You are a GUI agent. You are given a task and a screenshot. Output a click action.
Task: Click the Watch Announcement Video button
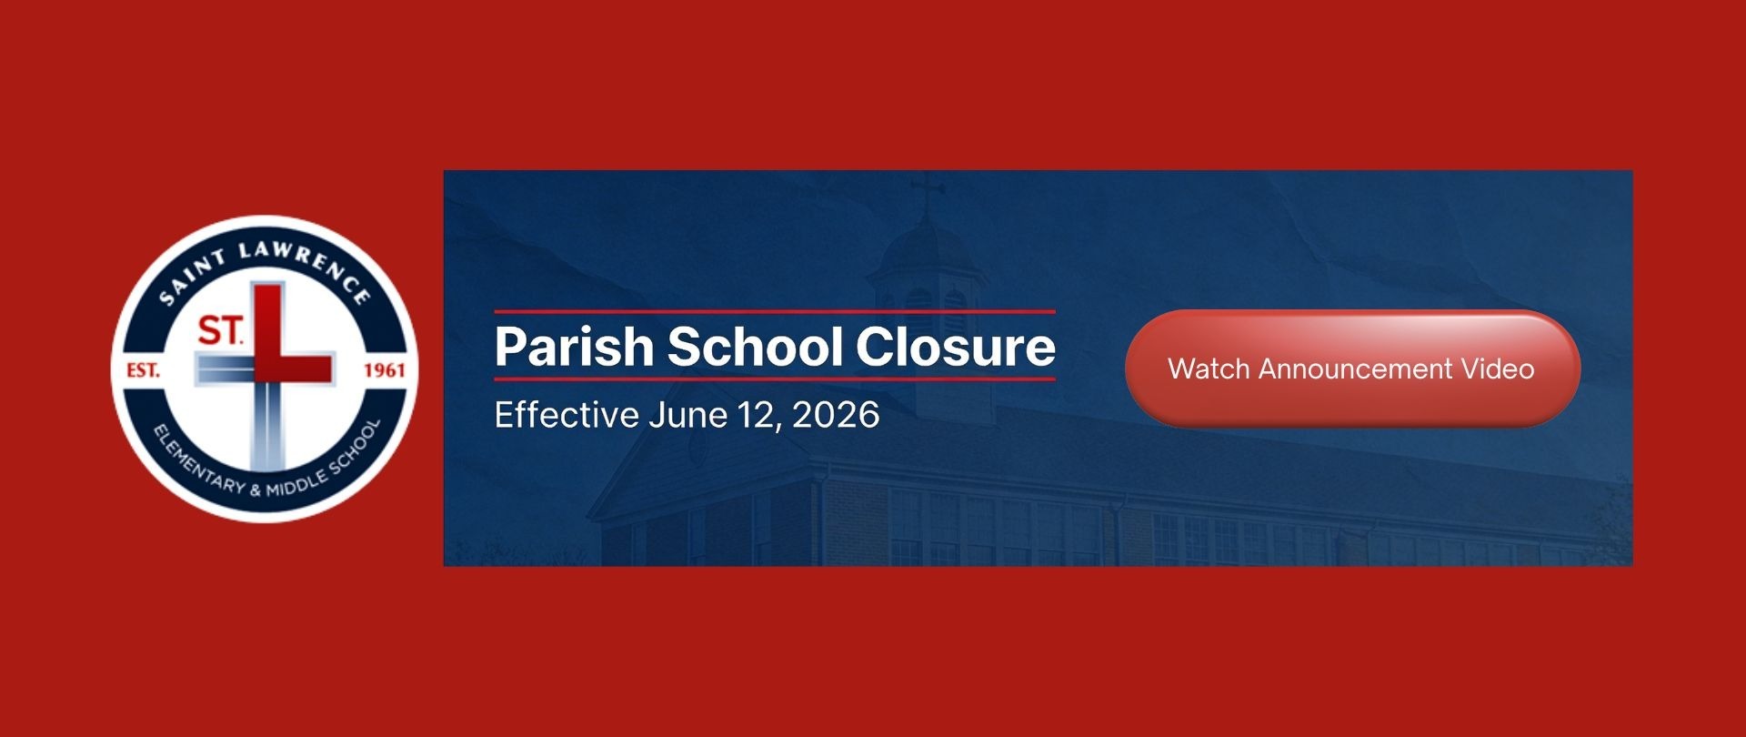pyautogui.click(x=1352, y=368)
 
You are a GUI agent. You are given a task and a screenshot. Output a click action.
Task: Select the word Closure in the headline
pyautogui.click(x=955, y=347)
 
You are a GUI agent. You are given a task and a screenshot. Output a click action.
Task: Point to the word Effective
pyautogui.click(x=567, y=415)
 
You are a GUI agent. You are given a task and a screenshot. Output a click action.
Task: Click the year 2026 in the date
pyautogui.click(x=836, y=415)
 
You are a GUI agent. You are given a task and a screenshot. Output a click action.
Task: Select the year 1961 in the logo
pyautogui.click(x=384, y=370)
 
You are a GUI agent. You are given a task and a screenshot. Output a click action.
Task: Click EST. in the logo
pyautogui.click(x=143, y=370)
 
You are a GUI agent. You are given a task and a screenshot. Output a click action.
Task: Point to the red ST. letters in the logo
pyautogui.click(x=221, y=330)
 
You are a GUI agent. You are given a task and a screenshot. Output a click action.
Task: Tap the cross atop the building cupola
pyautogui.click(x=928, y=193)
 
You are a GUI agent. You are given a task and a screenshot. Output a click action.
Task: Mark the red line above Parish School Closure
pyautogui.click(x=775, y=312)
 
